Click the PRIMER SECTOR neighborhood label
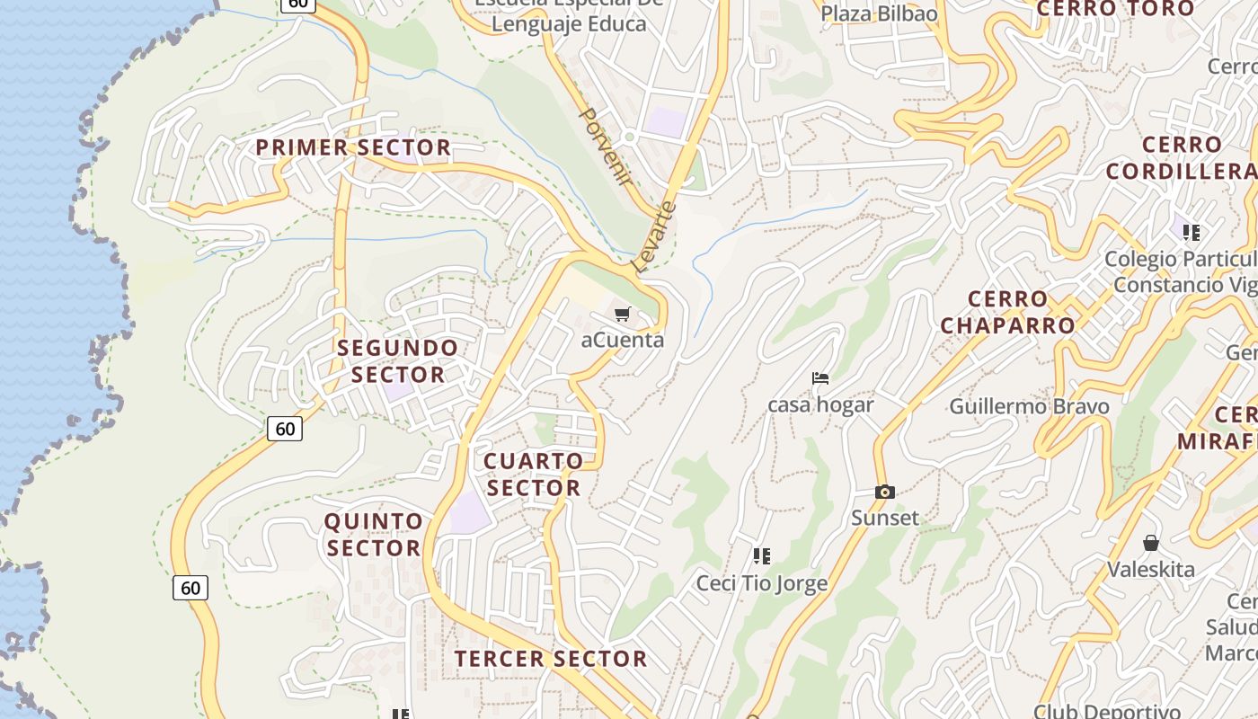pyautogui.click(x=353, y=147)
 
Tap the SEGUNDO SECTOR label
pyautogui.click(x=398, y=361)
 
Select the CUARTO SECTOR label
pyautogui.click(x=534, y=475)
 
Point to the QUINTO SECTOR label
pyautogui.click(x=373, y=535)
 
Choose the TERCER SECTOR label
pyautogui.click(x=550, y=659)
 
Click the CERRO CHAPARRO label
pyautogui.click(x=1007, y=312)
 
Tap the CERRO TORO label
pyautogui.click(x=1115, y=9)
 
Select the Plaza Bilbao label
pyautogui.click(x=879, y=13)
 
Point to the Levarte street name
pyautogui.click(x=654, y=236)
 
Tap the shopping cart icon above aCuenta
pyautogui.click(x=623, y=314)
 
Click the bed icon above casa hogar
pyautogui.click(x=820, y=378)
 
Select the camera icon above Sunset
pyautogui.click(x=885, y=492)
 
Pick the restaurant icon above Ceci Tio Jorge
pyautogui.click(x=762, y=555)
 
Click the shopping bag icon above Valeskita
pyautogui.click(x=1150, y=543)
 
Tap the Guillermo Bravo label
pyautogui.click(x=1029, y=406)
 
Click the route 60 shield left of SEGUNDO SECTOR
pyautogui.click(x=285, y=429)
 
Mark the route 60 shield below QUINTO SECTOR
pyautogui.click(x=190, y=588)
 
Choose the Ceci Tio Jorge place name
pyautogui.click(x=762, y=583)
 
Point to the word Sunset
pyautogui.click(x=885, y=518)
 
